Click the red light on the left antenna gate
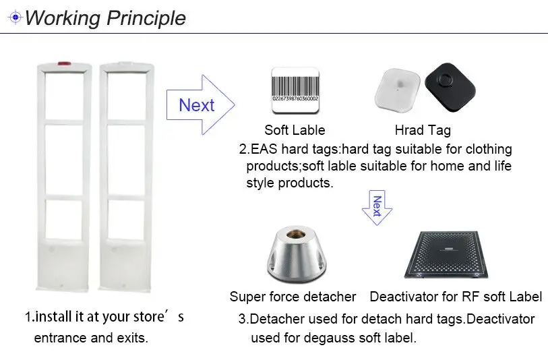[64, 64]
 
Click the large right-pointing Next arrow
[200, 105]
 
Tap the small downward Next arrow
[377, 208]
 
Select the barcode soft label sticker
[295, 90]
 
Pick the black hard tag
[450, 87]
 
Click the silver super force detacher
[297, 253]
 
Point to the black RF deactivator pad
[446, 254]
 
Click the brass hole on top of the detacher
[296, 233]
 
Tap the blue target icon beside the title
[16, 17]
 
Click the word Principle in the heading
[146, 18]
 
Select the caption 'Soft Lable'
[295, 130]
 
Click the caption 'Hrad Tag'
[423, 130]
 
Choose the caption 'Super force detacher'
[293, 297]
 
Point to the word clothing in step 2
[489, 150]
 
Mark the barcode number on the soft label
[295, 99]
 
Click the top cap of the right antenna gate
[127, 64]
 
